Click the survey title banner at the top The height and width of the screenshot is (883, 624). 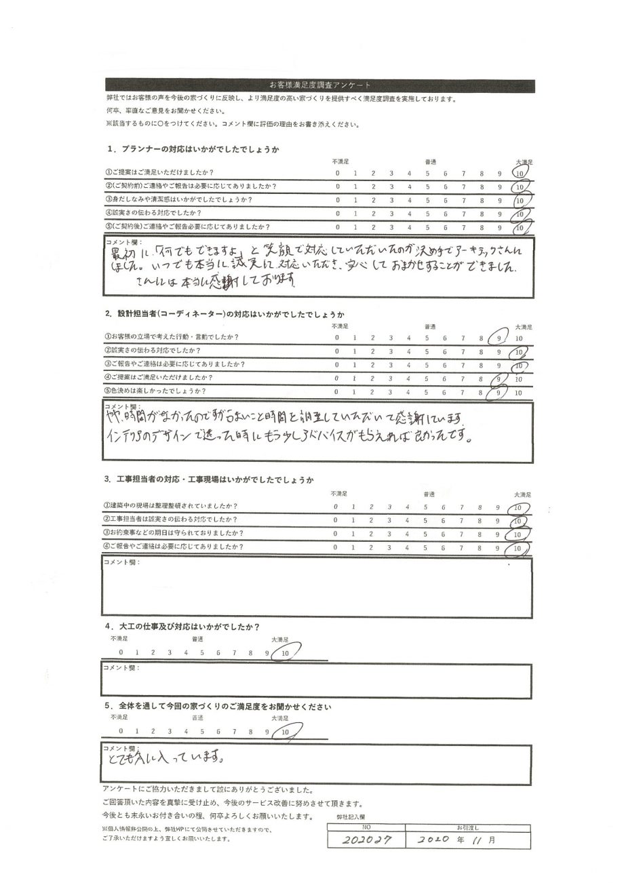[x=319, y=85]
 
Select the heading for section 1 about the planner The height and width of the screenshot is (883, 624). [x=193, y=149]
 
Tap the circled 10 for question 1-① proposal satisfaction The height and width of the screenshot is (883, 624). [x=520, y=173]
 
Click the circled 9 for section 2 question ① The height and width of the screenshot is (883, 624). [x=500, y=338]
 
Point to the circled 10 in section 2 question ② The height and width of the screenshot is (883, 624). [x=520, y=352]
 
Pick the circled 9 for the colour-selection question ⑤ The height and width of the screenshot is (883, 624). [x=500, y=392]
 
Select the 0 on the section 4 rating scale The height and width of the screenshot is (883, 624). [x=121, y=652]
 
